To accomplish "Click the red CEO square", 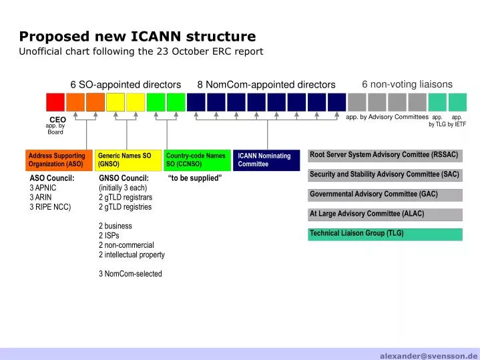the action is point(55,102).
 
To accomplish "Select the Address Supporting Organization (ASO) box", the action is point(59,160).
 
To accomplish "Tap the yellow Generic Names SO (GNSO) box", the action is point(128,160).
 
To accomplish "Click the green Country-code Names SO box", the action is point(198,160).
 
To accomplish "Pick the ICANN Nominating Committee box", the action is point(266,160).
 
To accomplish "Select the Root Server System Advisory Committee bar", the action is point(385,156).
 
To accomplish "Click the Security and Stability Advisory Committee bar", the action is point(385,175).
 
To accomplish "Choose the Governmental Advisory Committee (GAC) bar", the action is point(385,195).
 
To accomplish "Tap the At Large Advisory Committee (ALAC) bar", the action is point(385,215).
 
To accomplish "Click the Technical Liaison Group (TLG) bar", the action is point(385,234).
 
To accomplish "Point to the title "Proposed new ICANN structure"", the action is point(138,36).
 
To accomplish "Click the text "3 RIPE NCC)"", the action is point(50,207).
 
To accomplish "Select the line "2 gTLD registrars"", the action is point(126,197).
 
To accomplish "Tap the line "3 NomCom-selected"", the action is point(130,274).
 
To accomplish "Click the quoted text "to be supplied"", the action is point(195,178).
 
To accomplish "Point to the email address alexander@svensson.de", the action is point(429,356).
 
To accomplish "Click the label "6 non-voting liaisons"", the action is point(407,84).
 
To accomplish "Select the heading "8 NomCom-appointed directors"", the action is point(266,85).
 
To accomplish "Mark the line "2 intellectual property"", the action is point(132,255).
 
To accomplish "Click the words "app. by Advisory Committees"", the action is point(387,117).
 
